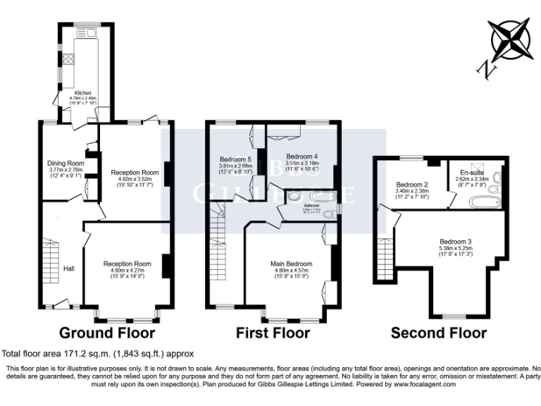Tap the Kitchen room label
tap(82, 92)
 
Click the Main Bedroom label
tap(291, 264)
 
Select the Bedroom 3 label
tap(455, 242)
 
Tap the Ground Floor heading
tap(106, 333)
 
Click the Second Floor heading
tap(438, 333)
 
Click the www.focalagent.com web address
tap(420, 384)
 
